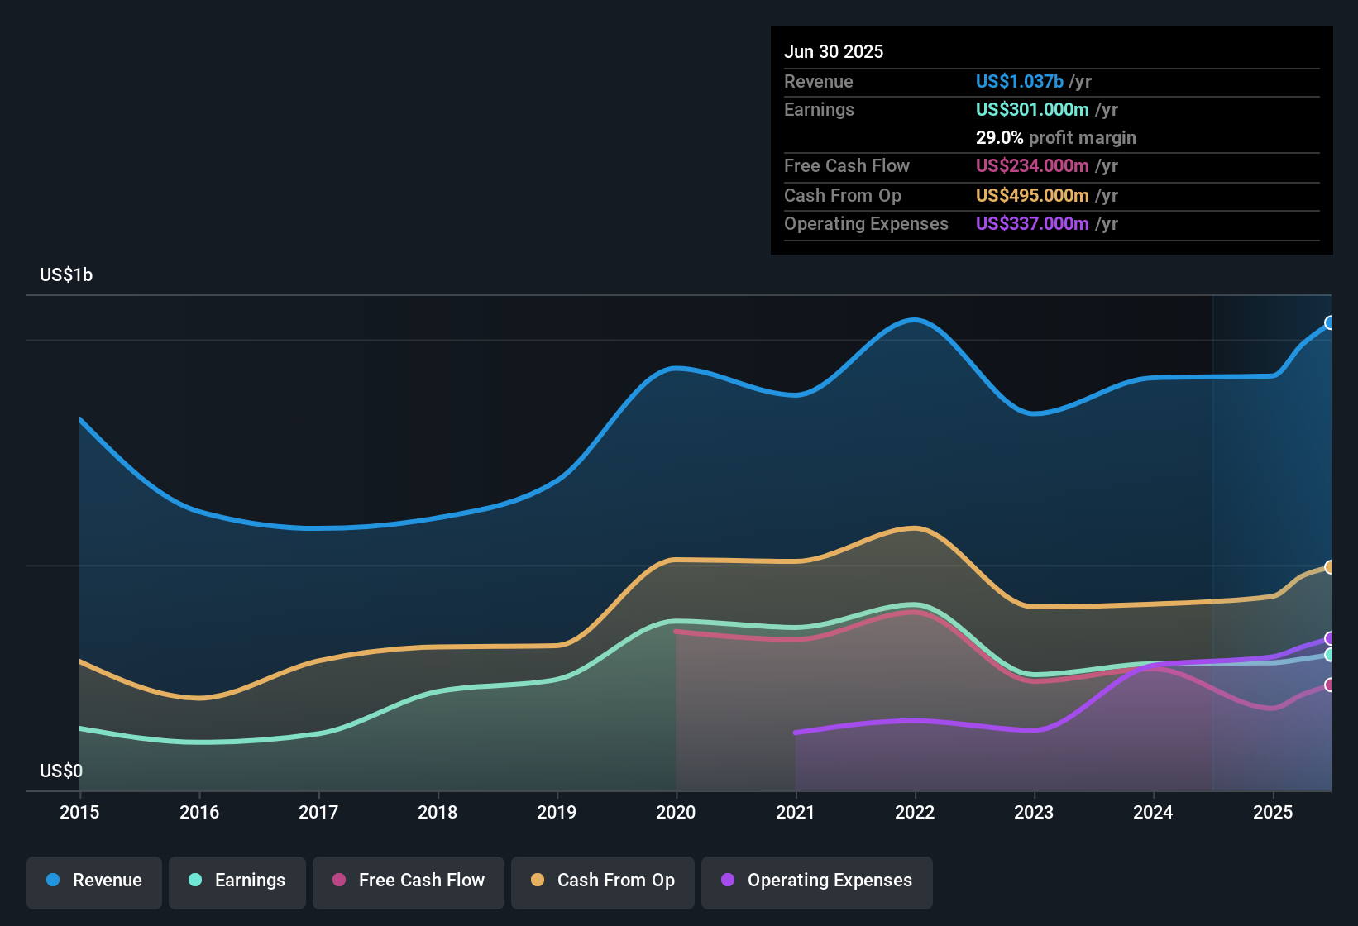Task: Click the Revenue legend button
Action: tap(94, 881)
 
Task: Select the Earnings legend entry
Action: tap(237, 881)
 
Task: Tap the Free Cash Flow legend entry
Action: tap(409, 881)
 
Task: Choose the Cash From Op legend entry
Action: tap(603, 881)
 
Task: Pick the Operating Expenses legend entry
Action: tap(817, 881)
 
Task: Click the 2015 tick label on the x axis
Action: tap(79, 813)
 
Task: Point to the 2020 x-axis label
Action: tap(676, 813)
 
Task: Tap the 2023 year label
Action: tap(1034, 813)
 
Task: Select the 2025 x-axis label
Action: tap(1273, 813)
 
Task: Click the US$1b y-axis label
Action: tap(66, 275)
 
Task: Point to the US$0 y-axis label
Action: tap(61, 771)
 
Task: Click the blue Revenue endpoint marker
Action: tap(1330, 322)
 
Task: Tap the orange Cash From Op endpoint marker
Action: tap(1330, 567)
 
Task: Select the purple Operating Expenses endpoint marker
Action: tap(1330, 638)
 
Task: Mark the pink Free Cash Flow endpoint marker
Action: tap(1330, 685)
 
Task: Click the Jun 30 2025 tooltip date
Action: tap(834, 52)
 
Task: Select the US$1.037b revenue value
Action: tap(1019, 82)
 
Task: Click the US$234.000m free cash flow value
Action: tap(1032, 166)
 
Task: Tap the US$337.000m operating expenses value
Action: tap(1032, 224)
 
